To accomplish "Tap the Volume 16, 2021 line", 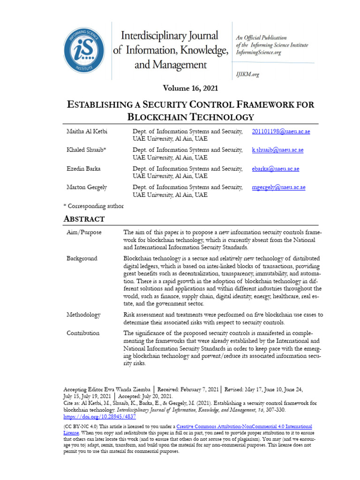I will [190, 88].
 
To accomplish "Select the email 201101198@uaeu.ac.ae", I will [281, 131].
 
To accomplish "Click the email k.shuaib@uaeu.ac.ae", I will [277, 150].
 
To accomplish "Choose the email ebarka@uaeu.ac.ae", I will [275, 169].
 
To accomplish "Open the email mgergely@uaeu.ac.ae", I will [278, 187].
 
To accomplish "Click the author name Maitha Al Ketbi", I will [87, 131].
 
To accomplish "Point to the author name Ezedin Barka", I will [83, 169].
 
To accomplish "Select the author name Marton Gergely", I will [86, 187].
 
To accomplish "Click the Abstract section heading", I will [84, 219].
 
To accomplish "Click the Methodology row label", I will [83, 315].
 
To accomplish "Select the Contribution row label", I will [82, 333].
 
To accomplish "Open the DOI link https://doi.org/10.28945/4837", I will [99, 416].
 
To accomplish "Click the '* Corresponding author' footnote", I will [93, 206].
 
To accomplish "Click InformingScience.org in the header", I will [259, 52].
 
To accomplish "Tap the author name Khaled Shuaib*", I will [86, 150].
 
